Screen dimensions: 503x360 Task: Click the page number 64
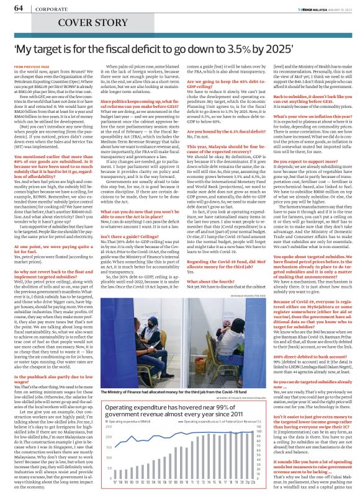point(18,7)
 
